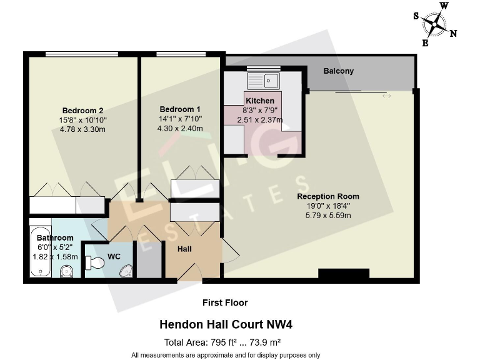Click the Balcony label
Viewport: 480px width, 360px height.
338,71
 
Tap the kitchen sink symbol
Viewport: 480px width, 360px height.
264,81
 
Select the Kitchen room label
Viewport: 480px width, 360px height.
259,101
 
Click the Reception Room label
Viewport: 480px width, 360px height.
328,196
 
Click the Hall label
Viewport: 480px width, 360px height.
185,249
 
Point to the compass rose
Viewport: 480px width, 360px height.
432,24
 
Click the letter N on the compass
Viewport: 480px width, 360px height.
453,34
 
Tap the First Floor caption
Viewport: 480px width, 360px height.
225,302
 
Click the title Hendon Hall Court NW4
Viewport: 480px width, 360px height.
226,324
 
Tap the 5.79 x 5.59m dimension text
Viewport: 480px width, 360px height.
328,216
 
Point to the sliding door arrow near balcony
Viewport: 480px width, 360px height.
387,96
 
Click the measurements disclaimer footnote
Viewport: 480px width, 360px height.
226,355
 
